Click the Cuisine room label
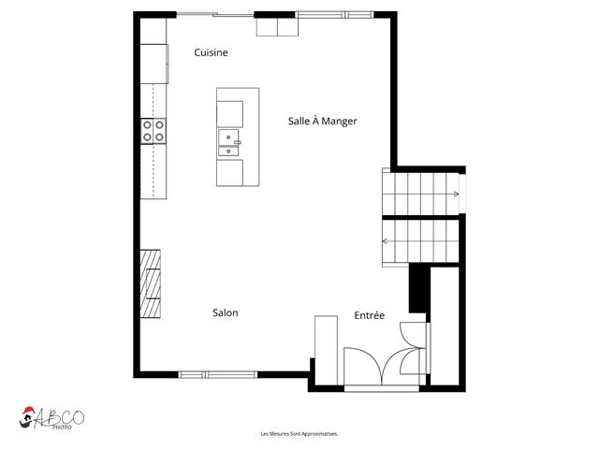211,53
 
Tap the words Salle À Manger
321,122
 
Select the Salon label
225,313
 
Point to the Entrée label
369,316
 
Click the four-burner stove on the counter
153,131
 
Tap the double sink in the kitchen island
229,142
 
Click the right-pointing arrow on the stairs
455,195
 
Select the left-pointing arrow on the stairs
386,241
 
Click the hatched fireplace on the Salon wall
150,285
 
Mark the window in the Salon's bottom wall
218,374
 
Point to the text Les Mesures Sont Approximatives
299,434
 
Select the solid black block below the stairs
419,288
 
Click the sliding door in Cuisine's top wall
214,15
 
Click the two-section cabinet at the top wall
277,27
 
